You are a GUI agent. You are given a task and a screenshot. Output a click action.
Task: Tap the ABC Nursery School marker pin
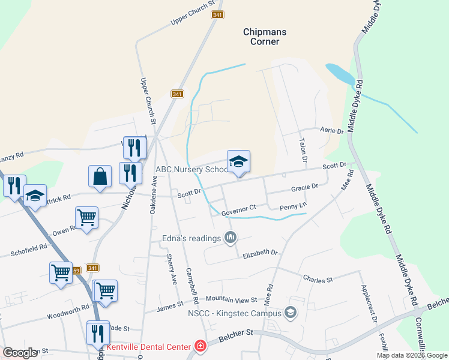coord(238,163)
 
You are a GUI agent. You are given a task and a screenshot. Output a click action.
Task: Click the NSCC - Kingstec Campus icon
coord(291,313)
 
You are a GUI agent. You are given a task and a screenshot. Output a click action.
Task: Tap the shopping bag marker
coord(100,178)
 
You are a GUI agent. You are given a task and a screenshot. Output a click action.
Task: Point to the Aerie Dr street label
coord(331,130)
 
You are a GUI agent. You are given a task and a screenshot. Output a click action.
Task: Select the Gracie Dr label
coord(304,187)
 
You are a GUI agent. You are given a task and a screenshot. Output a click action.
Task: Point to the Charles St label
coord(318,280)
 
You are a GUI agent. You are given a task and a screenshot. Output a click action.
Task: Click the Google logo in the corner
coord(20,353)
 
